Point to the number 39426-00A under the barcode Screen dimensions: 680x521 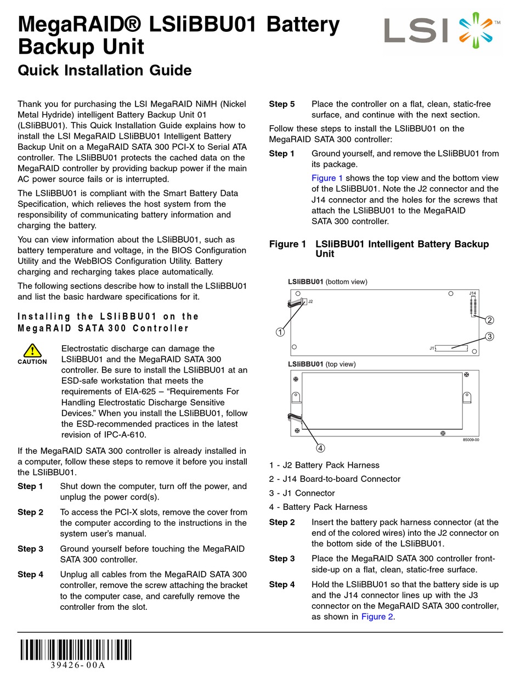tap(77, 666)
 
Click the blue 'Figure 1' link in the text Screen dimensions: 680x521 tap(327, 178)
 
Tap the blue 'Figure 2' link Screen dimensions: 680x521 tap(377, 617)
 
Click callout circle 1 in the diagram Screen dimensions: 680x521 tap(280, 332)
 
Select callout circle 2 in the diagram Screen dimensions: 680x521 tap(490, 320)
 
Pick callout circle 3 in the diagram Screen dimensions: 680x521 tap(490, 336)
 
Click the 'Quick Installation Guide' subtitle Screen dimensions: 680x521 tap(105, 70)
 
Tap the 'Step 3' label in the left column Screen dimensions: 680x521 tap(30, 549)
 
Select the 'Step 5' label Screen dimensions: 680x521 tap(282, 104)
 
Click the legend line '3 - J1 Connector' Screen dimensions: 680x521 tap(302, 493)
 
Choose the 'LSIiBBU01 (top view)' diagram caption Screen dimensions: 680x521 tap(321, 364)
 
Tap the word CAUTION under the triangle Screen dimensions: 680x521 tap(32, 362)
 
